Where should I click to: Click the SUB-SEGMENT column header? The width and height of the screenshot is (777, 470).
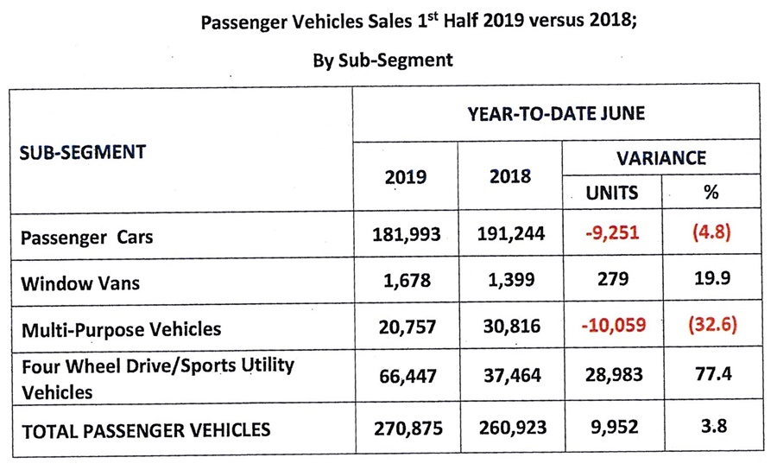pos(82,153)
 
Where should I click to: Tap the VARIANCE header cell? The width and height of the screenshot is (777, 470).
pos(661,158)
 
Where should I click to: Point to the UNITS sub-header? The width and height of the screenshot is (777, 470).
pos(613,193)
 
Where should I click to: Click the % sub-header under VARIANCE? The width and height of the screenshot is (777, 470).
pos(711,193)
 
